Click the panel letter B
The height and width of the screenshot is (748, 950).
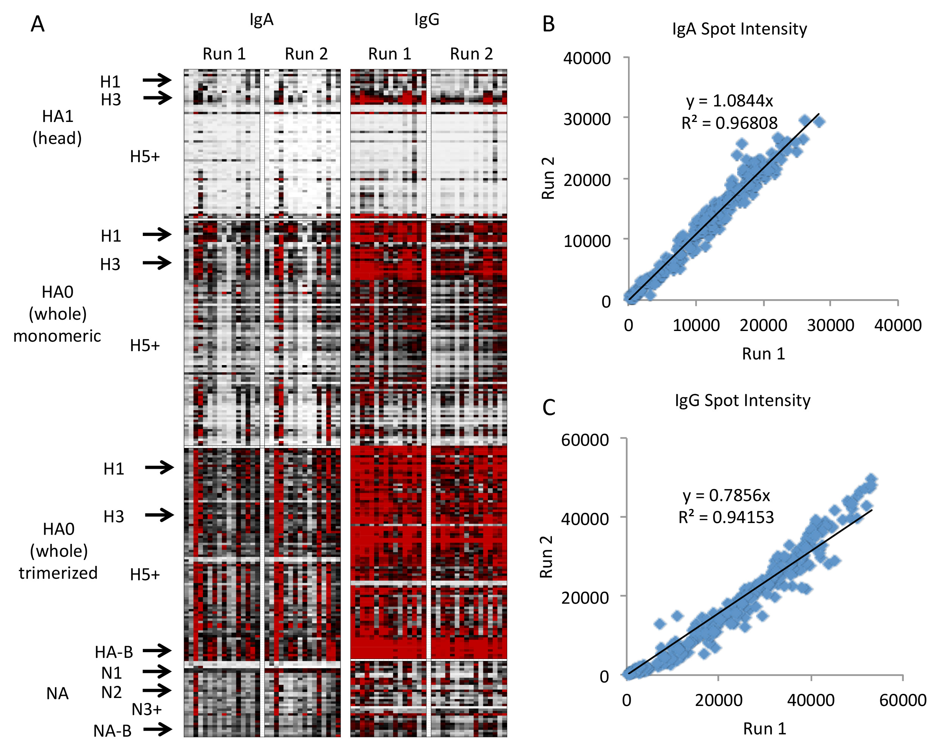coord(548,24)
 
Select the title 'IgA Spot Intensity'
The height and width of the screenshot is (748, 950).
coord(739,29)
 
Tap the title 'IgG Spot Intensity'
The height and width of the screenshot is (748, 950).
coord(742,401)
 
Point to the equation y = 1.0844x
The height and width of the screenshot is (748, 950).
coord(729,101)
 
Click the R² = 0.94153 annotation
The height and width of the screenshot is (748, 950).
coord(726,517)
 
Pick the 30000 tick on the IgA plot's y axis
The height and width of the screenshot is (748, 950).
coord(587,119)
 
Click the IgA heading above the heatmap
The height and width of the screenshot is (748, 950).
coord(261,20)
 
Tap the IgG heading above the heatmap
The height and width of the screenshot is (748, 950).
coord(427,20)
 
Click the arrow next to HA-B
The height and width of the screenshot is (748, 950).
coord(157,650)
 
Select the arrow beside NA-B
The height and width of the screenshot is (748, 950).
coord(157,729)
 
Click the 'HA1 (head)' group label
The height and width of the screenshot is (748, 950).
coord(57,127)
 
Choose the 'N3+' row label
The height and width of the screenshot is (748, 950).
coord(147,709)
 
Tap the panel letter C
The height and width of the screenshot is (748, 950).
coord(549,407)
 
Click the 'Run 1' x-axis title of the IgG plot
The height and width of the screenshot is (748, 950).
coord(765,729)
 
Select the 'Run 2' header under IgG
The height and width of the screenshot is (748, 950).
coord(471,54)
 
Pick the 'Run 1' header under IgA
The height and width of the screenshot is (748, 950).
coord(224,54)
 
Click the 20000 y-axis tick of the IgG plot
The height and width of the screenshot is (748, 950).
coord(585,597)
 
